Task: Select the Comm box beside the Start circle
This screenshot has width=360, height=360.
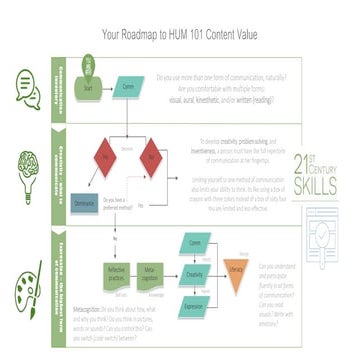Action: click(128, 88)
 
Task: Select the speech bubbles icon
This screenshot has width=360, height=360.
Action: click(29, 88)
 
